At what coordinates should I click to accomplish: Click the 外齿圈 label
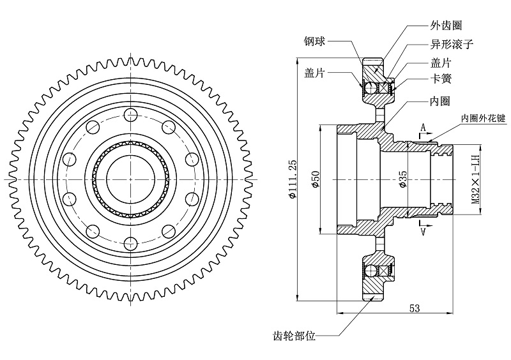coord(445,25)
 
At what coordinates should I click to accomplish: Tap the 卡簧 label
coord(441,79)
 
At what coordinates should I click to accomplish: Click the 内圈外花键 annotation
coord(483,119)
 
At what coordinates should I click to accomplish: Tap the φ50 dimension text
coord(314,180)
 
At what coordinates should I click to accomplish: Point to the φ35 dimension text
coord(402,180)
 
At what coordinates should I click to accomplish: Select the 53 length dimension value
coord(414,308)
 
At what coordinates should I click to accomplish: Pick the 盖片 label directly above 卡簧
coord(441,63)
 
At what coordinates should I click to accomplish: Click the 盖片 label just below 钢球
coord(315,73)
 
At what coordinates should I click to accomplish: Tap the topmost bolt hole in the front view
coord(130,116)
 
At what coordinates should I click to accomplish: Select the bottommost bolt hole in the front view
coord(130,243)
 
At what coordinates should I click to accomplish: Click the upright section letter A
coord(422,128)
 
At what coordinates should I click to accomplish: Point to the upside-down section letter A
coord(422,232)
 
